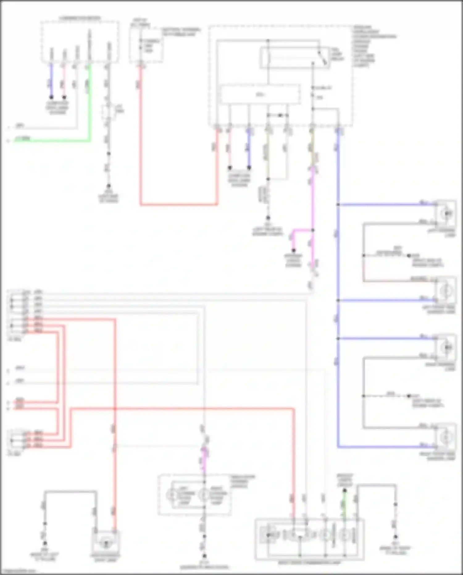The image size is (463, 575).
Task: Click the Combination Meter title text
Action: [x=80, y=19]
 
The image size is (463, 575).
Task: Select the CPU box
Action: [x=260, y=94]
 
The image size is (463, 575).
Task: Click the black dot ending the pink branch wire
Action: [x=294, y=250]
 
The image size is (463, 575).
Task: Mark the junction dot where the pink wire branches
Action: [x=313, y=230]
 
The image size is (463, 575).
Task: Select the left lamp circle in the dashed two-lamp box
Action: [x=171, y=495]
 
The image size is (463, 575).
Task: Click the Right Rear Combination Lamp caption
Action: [x=309, y=563]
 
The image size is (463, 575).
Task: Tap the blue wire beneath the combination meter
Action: [x=52, y=81]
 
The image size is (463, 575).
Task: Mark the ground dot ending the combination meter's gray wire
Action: [x=108, y=186]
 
